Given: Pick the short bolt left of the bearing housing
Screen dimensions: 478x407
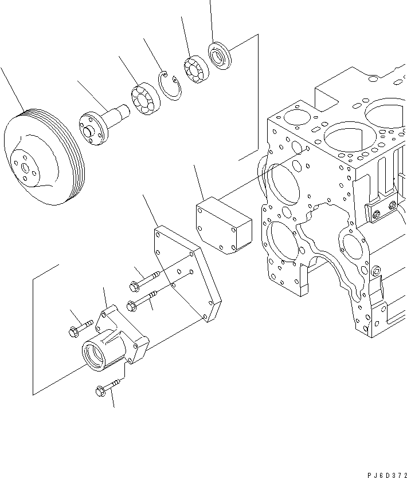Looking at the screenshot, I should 79,329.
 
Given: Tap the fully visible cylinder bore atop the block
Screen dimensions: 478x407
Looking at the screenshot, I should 345,140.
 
